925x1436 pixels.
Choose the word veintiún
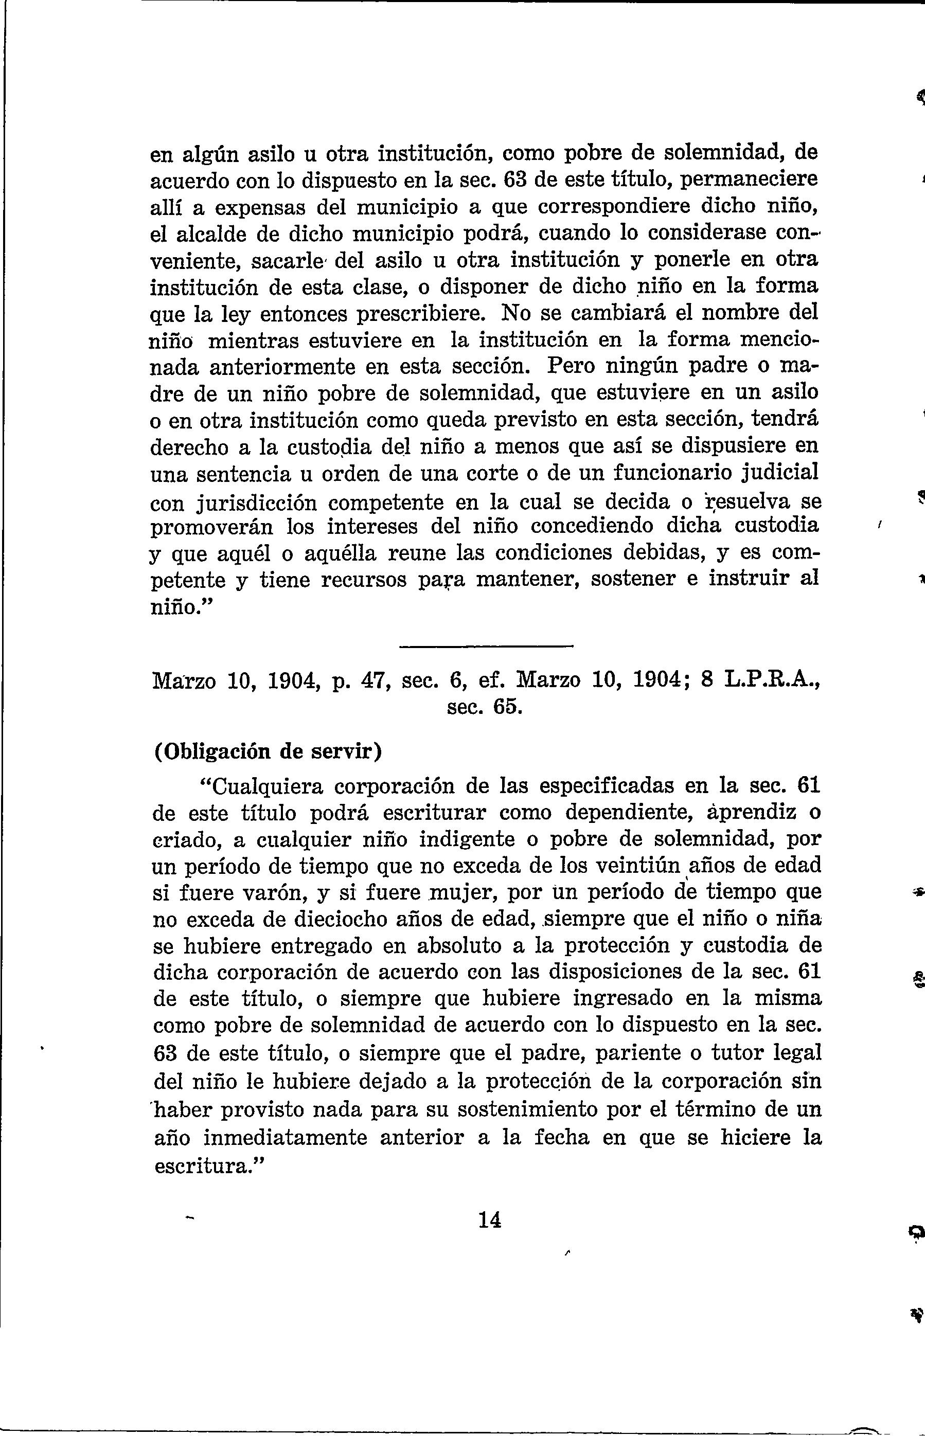pos(642,865)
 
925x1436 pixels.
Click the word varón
pos(274,892)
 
